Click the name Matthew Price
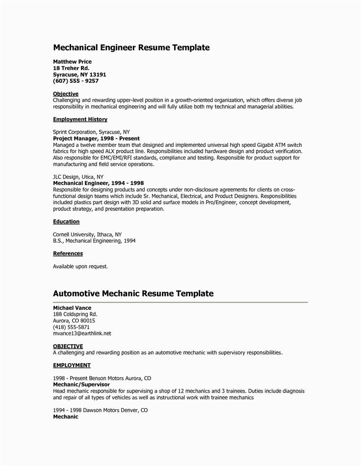pos(72,62)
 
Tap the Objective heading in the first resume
pos(65,93)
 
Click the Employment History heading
pos(80,119)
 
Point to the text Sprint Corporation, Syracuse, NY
pos(91,132)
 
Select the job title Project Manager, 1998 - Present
pos(96,139)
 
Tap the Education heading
pos(66,221)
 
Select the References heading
pos(68,254)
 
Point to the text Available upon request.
pos(80,267)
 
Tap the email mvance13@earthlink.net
pos(82,333)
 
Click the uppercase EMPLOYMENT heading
pos(71,365)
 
